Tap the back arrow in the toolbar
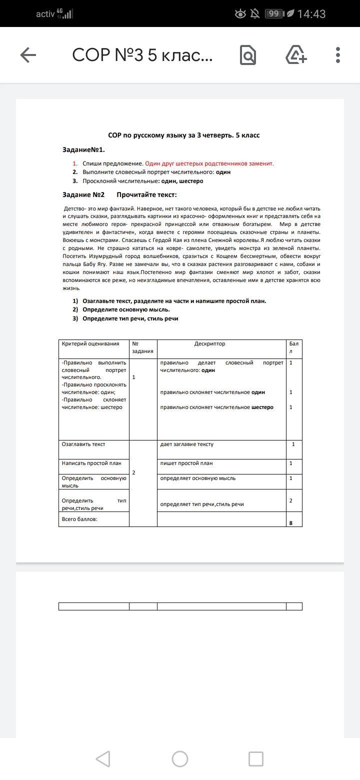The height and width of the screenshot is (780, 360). point(28,55)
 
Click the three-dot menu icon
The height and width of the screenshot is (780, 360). point(338,55)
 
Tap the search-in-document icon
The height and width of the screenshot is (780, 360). point(248,55)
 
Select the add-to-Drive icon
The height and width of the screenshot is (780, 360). point(296,55)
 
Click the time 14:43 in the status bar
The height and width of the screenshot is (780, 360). point(311,14)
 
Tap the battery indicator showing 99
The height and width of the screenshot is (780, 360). point(273,14)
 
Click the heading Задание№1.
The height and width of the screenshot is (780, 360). point(83,149)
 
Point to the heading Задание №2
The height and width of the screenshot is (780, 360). point(83,194)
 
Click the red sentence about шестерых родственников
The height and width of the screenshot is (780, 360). point(209,163)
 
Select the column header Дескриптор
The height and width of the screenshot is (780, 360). point(209,344)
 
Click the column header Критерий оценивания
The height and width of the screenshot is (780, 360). point(90,344)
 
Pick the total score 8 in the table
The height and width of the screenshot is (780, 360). point(290,523)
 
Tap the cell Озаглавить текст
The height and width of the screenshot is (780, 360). point(83,444)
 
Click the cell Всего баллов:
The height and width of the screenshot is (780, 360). point(79,519)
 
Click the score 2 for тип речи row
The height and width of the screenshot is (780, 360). point(291,500)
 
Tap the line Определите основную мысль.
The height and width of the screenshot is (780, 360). point(126,309)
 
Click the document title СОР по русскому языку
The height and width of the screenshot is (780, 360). point(184,135)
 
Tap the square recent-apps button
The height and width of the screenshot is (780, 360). point(256,759)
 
